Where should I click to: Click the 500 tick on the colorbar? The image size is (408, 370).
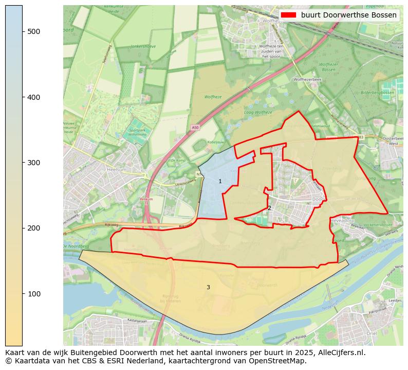point(23,31)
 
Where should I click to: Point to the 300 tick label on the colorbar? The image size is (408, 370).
point(33,163)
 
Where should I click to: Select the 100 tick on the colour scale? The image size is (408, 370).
point(23,293)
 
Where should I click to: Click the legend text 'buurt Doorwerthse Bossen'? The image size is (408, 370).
point(348,15)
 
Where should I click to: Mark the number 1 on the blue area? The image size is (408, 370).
point(220,181)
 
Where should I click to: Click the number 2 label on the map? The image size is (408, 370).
point(269,208)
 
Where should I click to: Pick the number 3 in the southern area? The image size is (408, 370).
point(208,287)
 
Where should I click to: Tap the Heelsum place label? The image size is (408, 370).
point(117,169)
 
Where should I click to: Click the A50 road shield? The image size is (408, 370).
point(195,128)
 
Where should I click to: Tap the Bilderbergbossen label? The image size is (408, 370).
point(377,93)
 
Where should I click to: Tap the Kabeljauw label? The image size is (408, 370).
point(215,142)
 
